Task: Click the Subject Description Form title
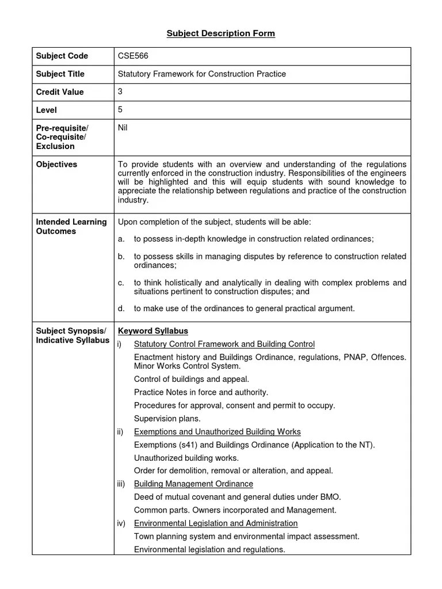tap(221, 33)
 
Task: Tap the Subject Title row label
tap(60, 74)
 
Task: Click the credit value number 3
tap(120, 91)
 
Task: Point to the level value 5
tap(120, 109)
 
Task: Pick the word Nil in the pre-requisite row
tap(123, 127)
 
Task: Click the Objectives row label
tap(56, 164)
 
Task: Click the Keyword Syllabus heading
tap(153, 331)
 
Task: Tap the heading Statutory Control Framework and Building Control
tap(224, 344)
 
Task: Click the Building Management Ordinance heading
tap(193, 484)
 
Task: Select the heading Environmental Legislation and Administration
tap(216, 523)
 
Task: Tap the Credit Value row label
tap(60, 91)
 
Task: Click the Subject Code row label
tap(62, 56)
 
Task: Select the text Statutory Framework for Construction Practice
tap(201, 74)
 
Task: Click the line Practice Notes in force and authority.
tap(201, 392)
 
